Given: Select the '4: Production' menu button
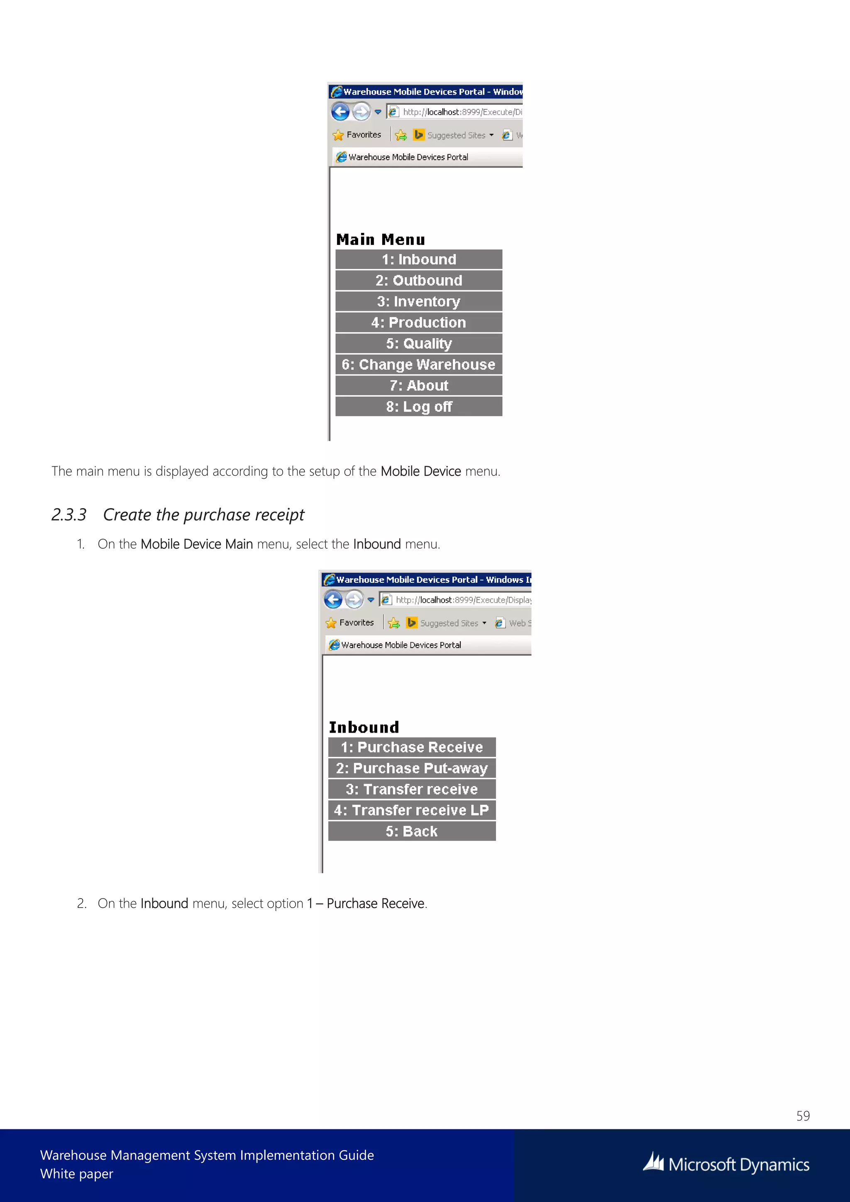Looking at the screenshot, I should (419, 322).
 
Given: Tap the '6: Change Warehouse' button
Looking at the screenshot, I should (419, 364).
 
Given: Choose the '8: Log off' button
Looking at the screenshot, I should (419, 407).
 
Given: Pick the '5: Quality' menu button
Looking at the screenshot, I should (419, 343).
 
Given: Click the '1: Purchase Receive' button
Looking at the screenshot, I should (412, 747).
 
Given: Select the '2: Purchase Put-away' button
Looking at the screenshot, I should (412, 768).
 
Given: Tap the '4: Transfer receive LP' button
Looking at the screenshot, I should (412, 811).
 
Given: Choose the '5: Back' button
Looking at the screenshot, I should (412, 831).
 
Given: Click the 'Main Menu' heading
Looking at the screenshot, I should (381, 240).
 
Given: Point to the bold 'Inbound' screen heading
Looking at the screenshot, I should (364, 727).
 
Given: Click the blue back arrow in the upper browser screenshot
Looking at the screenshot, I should (340, 112).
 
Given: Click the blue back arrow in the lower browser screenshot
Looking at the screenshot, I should (333, 599).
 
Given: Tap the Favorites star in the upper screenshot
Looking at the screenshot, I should (338, 135).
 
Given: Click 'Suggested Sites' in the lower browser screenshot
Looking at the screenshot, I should (449, 623).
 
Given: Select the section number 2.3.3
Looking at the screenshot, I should (68, 515).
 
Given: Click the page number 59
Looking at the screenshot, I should (803, 1116).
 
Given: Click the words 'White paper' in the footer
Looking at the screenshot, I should (76, 1174).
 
